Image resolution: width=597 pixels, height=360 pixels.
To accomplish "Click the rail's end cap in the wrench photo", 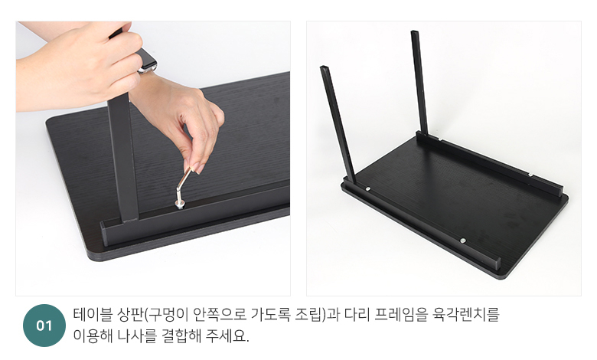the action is [x=106, y=233].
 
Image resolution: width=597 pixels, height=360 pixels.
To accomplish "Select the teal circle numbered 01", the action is [x=44, y=326].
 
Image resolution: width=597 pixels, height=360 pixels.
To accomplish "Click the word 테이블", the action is [x=93, y=315].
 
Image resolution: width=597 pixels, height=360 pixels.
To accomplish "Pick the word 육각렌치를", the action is [x=465, y=315].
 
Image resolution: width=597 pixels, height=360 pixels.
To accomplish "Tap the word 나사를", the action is [x=136, y=335].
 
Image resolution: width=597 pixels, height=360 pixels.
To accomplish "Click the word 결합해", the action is [x=181, y=335].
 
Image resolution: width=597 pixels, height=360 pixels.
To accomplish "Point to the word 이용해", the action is [x=93, y=335].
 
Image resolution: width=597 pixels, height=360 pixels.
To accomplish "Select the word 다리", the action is [x=357, y=315].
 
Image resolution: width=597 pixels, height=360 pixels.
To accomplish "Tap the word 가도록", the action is [x=270, y=315].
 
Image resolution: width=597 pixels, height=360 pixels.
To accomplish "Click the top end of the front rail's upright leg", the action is [x=324, y=68].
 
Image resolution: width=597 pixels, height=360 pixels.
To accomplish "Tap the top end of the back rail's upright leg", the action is [x=414, y=32].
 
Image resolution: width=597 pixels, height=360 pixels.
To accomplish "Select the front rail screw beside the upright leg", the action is [x=368, y=188].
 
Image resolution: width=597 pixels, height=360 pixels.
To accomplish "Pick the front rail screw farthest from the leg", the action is [x=462, y=241].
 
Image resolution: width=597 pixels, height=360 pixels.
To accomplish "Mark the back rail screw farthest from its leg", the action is [x=530, y=175].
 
